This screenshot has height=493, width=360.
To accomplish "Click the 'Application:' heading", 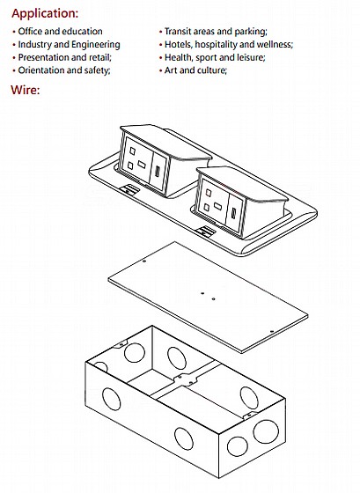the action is click(45, 14).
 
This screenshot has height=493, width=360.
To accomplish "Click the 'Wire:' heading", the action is click(26, 90).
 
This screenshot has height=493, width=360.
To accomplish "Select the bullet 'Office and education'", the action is click(60, 32).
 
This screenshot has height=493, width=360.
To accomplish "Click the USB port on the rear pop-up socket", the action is click(157, 173).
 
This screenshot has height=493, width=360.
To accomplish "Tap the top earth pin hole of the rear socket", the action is click(133, 151).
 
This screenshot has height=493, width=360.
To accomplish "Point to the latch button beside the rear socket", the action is click(129, 189).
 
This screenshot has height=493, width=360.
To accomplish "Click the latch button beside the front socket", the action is click(205, 232).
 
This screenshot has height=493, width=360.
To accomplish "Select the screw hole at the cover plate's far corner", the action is click(144, 261).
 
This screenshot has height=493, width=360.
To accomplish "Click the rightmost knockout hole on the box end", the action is click(266, 431).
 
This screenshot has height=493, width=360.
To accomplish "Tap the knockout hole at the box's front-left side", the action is click(111, 400).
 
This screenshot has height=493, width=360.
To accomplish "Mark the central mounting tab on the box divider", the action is click(186, 379).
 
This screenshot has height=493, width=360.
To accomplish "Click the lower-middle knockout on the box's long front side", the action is click(184, 438).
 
